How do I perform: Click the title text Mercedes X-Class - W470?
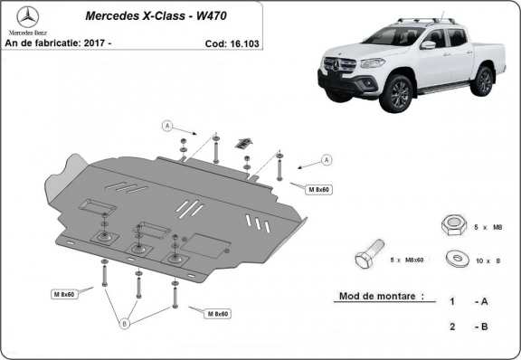pyautogui.click(x=156, y=15)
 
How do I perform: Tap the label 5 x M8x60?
pyautogui.click(x=406, y=260)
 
